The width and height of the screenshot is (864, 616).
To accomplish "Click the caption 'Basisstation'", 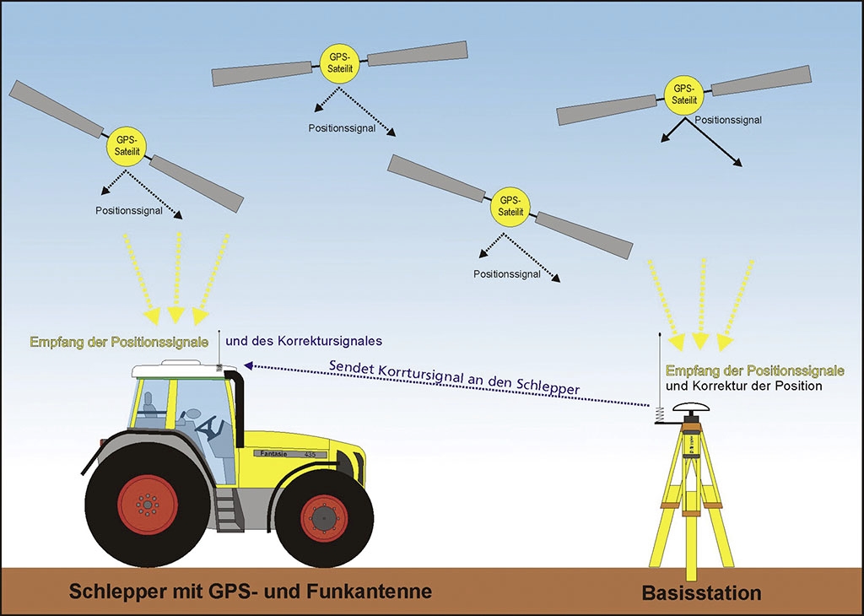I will (701, 593).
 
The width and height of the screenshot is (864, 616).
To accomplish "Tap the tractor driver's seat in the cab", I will (149, 407).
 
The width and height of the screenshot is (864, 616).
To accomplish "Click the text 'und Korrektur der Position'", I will (743, 386).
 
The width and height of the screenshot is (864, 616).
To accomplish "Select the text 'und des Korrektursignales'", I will (305, 341).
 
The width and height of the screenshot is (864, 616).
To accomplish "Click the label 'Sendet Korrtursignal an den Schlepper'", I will (454, 375).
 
